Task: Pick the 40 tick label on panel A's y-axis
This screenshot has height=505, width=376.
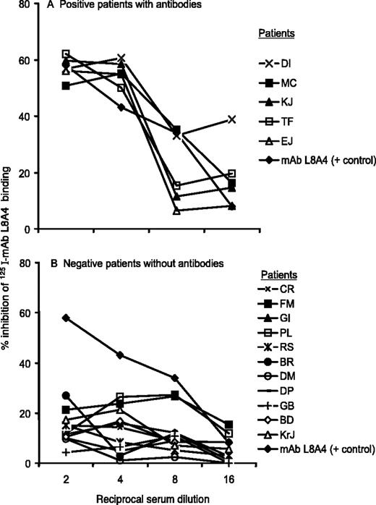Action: [27, 116]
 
